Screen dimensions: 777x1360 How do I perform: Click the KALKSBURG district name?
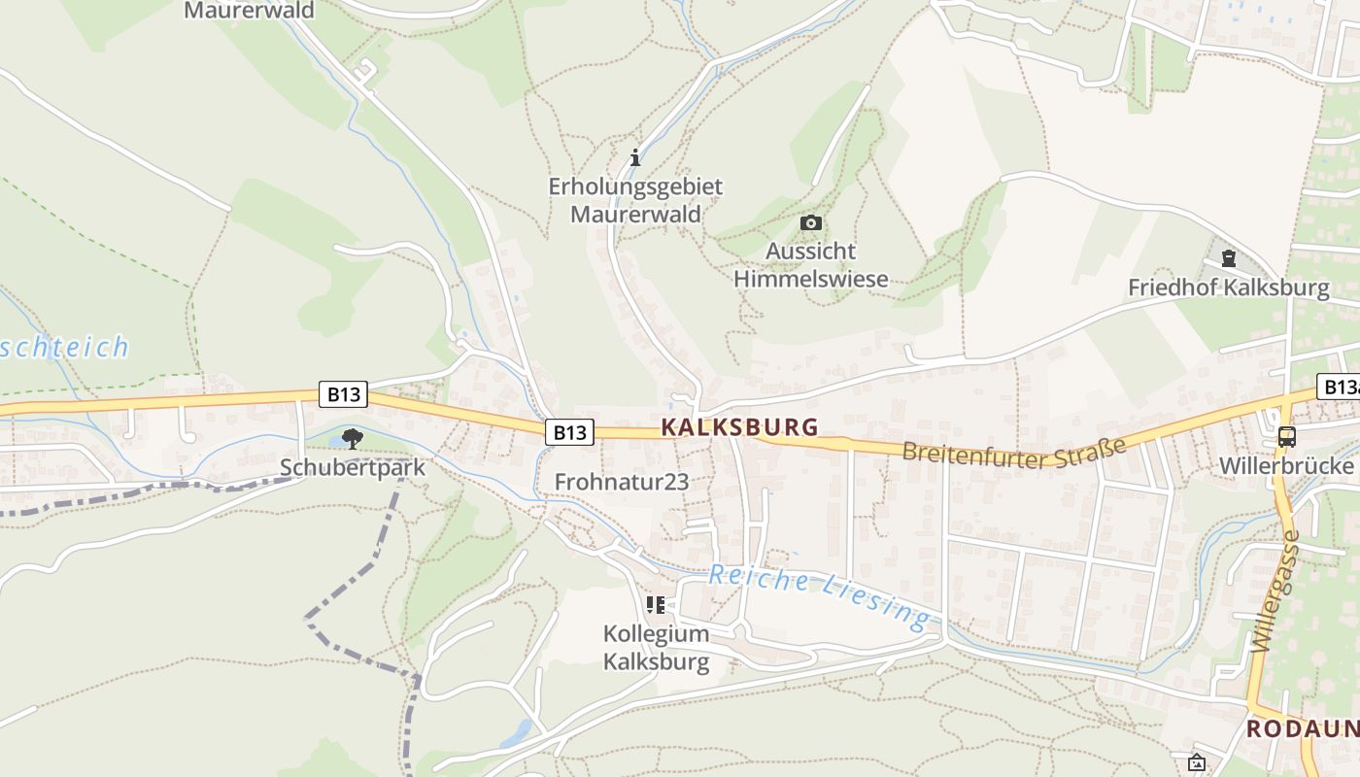click(x=739, y=427)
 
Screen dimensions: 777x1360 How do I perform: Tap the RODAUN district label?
click(x=1302, y=728)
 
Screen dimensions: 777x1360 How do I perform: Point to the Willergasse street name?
click(x=1275, y=592)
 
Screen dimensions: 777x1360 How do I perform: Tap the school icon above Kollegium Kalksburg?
click(x=656, y=605)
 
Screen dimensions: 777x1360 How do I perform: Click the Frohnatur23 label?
click(x=621, y=481)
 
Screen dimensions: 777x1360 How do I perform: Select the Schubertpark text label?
click(x=353, y=467)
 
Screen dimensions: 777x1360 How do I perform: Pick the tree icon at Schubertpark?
click(x=353, y=439)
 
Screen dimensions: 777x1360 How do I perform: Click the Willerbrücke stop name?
click(x=1286, y=465)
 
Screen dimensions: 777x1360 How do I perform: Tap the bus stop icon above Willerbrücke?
click(x=1287, y=436)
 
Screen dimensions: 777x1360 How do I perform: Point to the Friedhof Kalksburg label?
click(x=1228, y=287)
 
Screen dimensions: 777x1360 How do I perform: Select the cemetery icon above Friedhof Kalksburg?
click(x=1229, y=258)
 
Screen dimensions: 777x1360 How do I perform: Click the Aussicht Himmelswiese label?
click(x=810, y=265)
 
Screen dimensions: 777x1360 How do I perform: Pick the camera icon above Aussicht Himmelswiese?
click(x=810, y=223)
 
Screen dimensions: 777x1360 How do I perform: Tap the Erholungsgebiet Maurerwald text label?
click(x=635, y=199)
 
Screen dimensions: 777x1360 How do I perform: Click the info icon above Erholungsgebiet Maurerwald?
click(x=635, y=156)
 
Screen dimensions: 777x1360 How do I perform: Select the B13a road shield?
click(x=1339, y=387)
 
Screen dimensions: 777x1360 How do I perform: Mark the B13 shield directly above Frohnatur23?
click(x=569, y=432)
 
